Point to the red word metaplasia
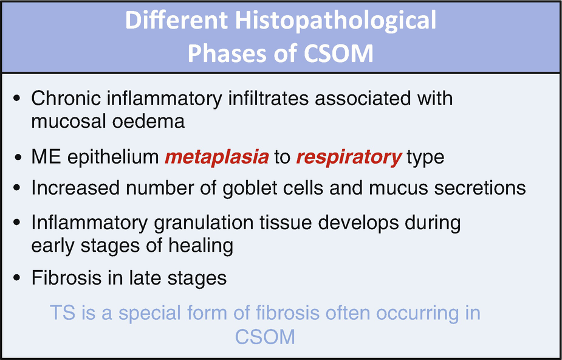click(x=217, y=157)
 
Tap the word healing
click(x=202, y=246)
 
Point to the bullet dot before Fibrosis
click(x=16, y=279)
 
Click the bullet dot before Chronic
click(x=16, y=99)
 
